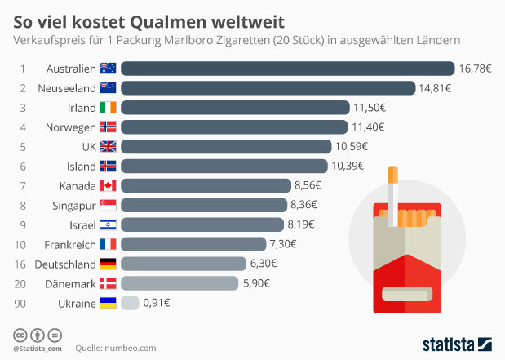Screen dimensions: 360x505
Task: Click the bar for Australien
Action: click(287, 69)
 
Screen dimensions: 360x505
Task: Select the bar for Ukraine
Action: click(130, 303)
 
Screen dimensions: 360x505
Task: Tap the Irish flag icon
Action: click(108, 108)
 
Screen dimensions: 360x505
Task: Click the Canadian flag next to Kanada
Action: click(108, 185)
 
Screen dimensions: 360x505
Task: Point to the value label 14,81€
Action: click(436, 88)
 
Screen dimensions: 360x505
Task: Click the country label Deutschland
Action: click(64, 264)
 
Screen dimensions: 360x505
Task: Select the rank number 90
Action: click(24, 303)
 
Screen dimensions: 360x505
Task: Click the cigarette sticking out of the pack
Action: click(393, 196)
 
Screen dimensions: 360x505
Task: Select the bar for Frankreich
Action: click(193, 244)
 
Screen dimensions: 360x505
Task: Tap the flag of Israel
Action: click(108, 224)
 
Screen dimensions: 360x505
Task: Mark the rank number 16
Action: click(24, 264)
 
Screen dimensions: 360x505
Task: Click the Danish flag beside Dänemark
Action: click(108, 283)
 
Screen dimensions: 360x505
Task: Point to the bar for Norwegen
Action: click(234, 127)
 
